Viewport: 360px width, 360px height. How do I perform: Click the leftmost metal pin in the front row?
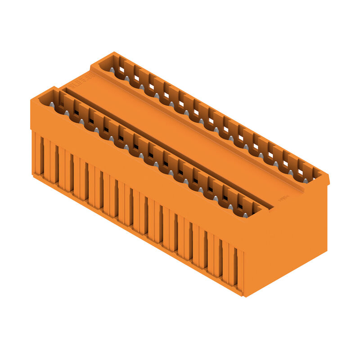[52, 105]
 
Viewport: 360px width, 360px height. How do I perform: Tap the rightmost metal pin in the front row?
[245, 215]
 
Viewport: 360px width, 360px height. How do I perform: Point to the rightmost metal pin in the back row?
[306, 180]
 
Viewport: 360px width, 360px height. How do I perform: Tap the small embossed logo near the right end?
[283, 198]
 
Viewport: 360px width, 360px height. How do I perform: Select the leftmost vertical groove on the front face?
[41, 155]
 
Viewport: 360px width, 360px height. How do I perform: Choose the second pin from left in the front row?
[67, 113]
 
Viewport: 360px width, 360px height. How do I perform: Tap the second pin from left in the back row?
[127, 78]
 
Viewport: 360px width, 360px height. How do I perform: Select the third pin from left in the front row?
[82, 121]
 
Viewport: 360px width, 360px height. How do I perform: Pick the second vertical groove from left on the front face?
[56, 164]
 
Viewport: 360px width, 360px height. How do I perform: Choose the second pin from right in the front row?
[230, 207]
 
